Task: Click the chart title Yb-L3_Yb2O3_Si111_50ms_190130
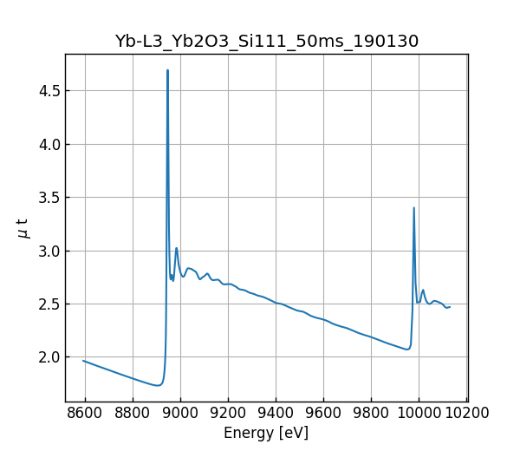[266, 41]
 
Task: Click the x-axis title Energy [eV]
[266, 433]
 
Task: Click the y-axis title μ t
[23, 228]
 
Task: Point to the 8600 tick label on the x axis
[85, 412]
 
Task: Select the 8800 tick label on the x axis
[133, 412]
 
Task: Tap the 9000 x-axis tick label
[180, 412]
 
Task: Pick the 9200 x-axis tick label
[228, 412]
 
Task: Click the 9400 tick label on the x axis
[276, 412]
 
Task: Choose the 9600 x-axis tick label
[323, 412]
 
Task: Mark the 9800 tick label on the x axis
[371, 412]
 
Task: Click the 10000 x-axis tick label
[419, 412]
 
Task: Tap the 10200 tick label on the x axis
[466, 412]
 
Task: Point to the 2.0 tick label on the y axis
[49, 357]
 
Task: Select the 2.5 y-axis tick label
[49, 304]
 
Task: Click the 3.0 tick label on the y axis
[49, 252]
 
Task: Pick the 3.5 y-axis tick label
[49, 198]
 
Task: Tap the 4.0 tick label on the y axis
[49, 145]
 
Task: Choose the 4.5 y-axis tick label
[49, 91]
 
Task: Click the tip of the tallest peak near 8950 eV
[167, 70]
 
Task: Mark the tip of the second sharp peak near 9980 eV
[414, 208]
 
